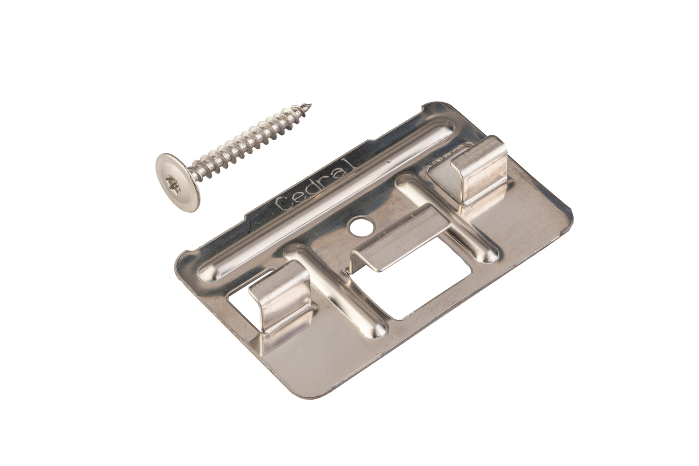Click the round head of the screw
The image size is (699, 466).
click(x=178, y=182)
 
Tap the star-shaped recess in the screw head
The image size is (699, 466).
click(x=172, y=181)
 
